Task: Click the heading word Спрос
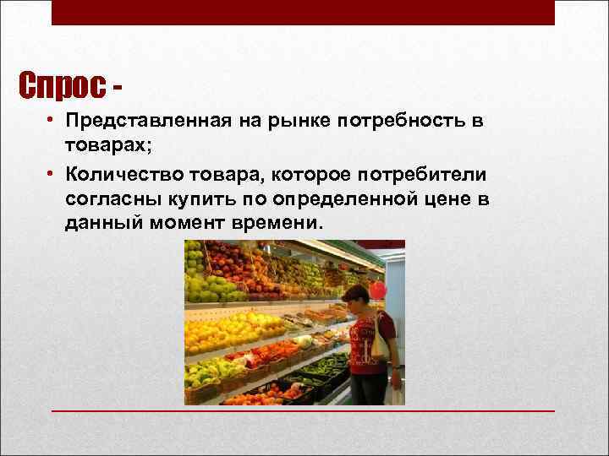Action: tap(63, 85)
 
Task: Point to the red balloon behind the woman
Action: tap(377, 291)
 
